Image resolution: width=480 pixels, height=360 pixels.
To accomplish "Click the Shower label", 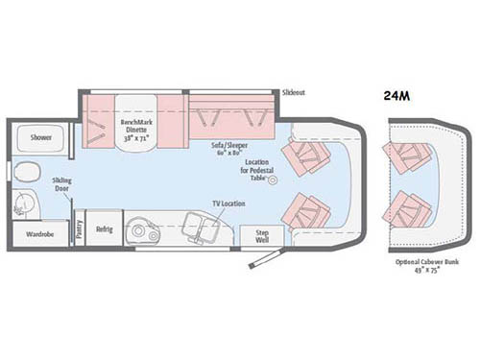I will coord(40,137).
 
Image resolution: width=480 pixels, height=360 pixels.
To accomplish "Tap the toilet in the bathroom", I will coord(24,174).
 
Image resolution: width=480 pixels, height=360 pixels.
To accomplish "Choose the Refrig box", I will coord(103,228).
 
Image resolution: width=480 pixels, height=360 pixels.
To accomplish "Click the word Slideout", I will coord(295,92).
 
